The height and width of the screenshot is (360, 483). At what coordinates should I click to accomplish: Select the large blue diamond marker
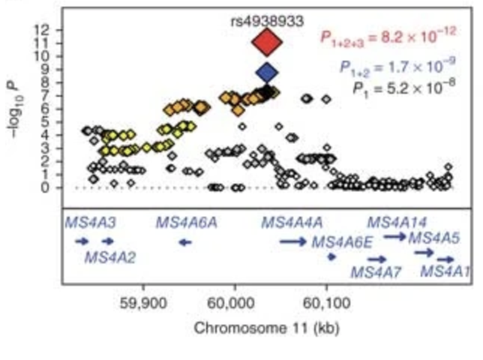pos(267,73)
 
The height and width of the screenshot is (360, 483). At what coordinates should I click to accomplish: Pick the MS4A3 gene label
pos(89,222)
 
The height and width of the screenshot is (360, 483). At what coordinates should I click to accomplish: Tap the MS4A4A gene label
pos(292,222)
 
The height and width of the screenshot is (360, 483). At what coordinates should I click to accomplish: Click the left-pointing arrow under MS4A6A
pos(184,241)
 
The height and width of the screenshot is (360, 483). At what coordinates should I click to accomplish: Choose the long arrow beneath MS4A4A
pos(292,241)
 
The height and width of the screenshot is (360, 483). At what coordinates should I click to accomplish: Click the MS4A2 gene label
pos(110,258)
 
